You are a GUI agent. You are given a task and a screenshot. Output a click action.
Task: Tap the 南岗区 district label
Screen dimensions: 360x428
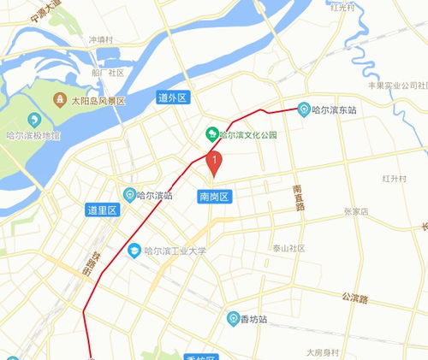[x=214, y=196]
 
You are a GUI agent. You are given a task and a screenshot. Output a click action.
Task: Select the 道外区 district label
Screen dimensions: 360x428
[x=174, y=98]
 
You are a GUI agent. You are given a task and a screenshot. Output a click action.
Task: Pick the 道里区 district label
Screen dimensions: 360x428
[x=102, y=210]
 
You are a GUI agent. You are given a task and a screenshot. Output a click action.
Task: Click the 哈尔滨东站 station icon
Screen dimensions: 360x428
[x=303, y=109]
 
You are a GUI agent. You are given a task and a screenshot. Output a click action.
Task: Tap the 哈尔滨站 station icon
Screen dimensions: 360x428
[x=130, y=194]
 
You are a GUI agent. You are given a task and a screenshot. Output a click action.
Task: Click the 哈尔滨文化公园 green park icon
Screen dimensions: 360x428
[x=211, y=134]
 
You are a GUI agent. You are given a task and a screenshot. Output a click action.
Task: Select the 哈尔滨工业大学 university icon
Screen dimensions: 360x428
[x=134, y=251]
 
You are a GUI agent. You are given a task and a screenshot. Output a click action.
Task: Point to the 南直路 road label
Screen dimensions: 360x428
[x=298, y=199]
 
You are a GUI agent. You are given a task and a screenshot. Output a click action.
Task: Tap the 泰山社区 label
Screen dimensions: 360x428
[x=288, y=248]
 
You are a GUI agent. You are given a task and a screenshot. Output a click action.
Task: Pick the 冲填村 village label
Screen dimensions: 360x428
[x=101, y=39]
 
